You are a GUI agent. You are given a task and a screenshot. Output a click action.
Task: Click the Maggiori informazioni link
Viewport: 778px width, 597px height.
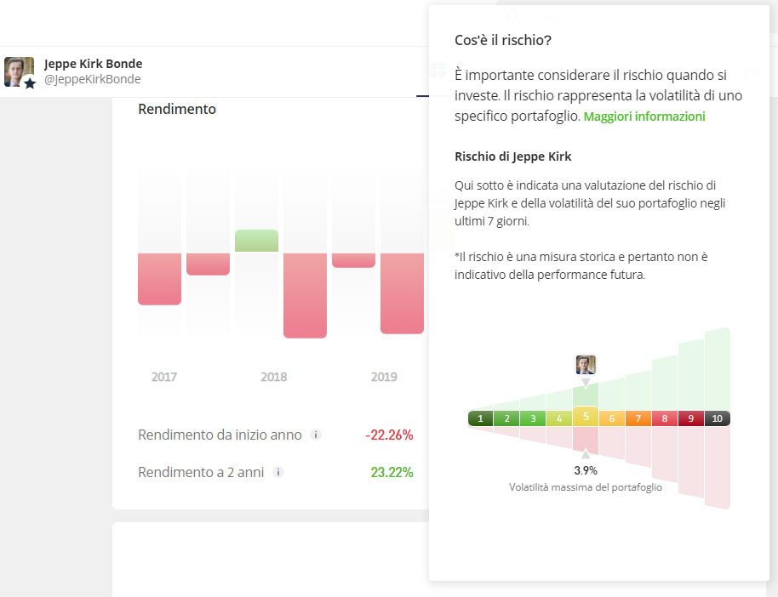644,117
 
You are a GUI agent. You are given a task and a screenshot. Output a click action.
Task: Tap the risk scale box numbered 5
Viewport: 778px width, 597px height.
586,417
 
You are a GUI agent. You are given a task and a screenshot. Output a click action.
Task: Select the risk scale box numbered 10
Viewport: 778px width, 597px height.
717,418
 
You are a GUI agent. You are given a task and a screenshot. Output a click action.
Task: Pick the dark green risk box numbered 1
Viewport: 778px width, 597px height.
481,418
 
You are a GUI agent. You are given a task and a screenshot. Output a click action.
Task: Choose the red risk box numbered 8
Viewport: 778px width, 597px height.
665,418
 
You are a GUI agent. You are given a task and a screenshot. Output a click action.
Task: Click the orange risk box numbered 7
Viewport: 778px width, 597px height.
638,418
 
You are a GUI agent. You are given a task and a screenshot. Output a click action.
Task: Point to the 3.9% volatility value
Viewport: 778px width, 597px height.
586,469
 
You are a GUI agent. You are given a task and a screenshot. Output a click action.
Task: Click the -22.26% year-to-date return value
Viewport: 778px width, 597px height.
389,435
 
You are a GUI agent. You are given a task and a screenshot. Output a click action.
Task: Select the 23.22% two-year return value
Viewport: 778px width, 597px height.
392,472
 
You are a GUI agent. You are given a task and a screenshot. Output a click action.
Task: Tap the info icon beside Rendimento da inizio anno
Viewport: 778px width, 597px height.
316,435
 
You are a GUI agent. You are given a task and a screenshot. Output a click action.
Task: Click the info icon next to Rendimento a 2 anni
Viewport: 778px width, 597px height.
278,472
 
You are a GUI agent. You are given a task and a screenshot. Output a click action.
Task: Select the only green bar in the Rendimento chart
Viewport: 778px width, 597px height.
256,241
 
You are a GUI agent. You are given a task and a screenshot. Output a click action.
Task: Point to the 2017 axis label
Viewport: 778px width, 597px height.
163,377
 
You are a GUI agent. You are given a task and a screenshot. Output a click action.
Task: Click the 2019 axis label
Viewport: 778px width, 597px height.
384,377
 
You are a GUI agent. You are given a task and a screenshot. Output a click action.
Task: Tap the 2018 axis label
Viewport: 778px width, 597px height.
274,377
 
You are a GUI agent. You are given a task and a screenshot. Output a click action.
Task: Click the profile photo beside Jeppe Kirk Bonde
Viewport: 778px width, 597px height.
19,72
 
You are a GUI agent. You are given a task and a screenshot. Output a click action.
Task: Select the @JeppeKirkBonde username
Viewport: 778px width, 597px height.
92,79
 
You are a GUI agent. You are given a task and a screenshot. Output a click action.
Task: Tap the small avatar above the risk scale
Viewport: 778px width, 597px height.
586,365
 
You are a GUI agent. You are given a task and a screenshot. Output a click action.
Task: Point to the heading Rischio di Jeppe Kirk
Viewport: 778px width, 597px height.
512,156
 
